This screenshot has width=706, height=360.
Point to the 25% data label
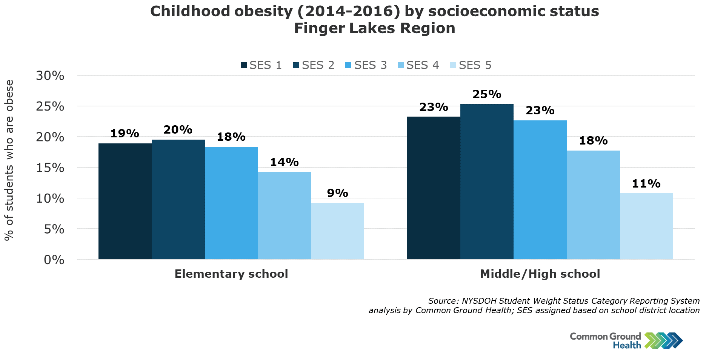(487, 94)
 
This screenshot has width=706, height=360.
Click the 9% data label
(337, 193)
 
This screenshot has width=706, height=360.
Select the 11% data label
(646, 184)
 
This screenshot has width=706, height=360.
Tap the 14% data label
(284, 162)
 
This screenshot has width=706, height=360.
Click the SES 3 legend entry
(366, 65)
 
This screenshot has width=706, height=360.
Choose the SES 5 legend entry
(471, 65)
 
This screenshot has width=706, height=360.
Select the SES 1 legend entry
(261, 65)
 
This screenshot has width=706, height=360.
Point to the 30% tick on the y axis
(50, 75)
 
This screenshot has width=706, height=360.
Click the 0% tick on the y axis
(54, 260)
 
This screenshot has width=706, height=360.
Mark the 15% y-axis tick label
(50, 168)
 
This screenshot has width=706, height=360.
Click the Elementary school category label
(231, 274)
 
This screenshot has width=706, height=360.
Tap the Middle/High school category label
(540, 274)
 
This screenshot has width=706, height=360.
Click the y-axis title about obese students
(9, 160)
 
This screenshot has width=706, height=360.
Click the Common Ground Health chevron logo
(663, 340)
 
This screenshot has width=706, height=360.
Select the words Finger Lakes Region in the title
(374, 28)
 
